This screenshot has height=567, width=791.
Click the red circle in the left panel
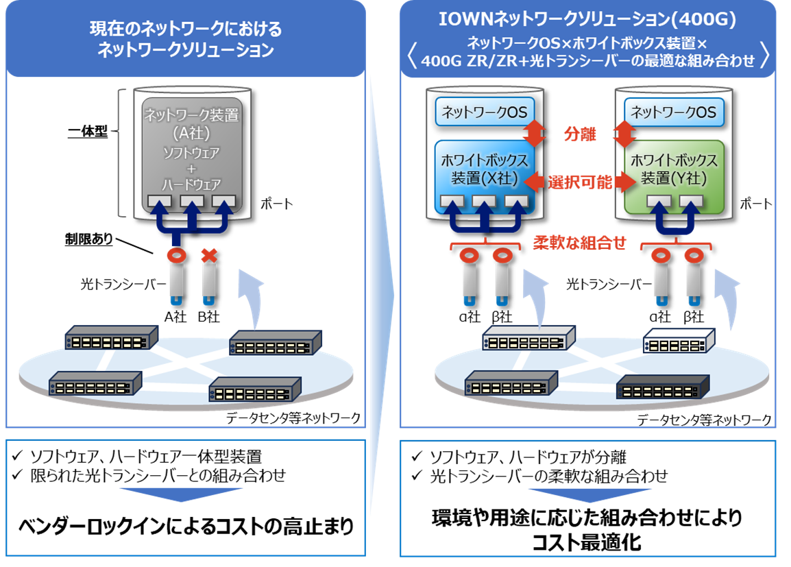[177, 256]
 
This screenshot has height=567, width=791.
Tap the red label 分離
[580, 134]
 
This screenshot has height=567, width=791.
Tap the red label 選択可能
[580, 182]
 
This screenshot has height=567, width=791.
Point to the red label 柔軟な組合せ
[580, 243]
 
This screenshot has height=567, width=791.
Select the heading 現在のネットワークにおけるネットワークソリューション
[186, 40]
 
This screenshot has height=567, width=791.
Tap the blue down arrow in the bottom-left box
[181, 494]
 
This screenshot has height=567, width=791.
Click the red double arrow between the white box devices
[580, 182]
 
